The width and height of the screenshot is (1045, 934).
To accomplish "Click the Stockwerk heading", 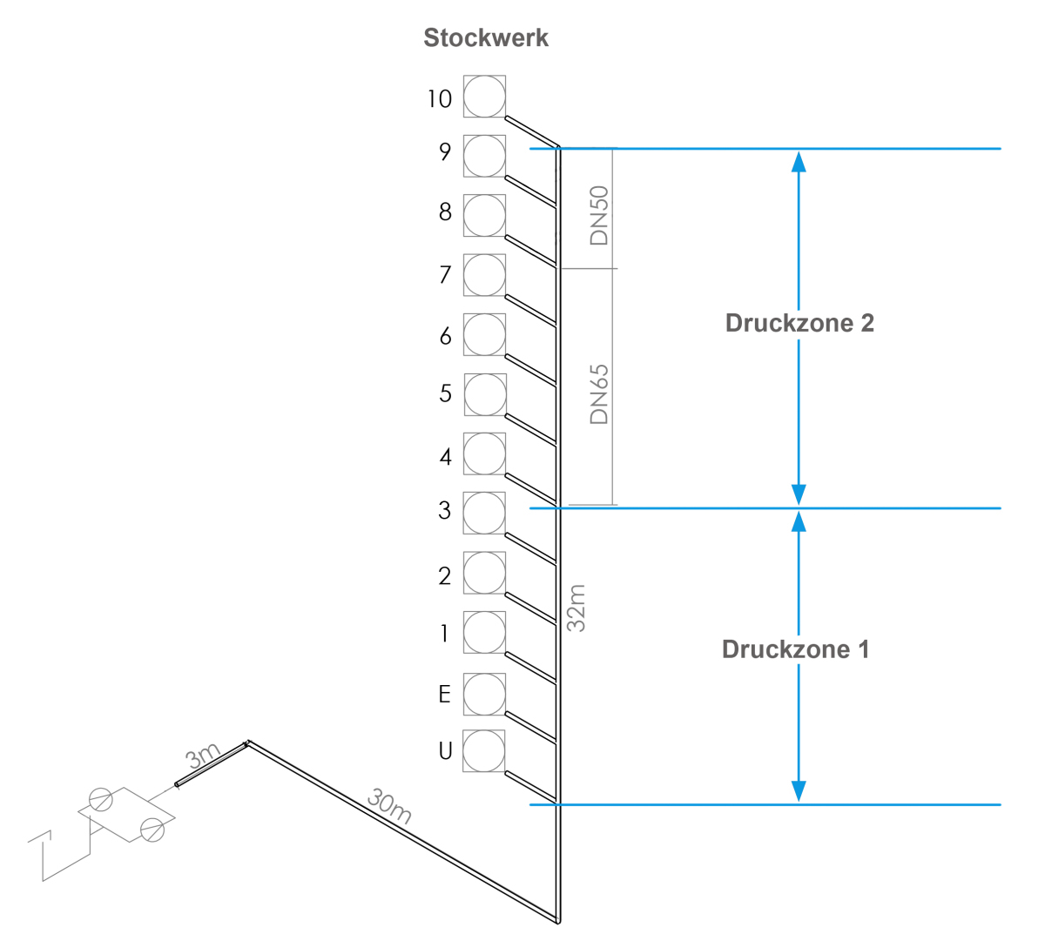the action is pos(485,37).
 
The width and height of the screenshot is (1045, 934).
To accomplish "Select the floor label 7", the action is pos(445,274).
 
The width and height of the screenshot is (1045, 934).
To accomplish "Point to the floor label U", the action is pos(445,750).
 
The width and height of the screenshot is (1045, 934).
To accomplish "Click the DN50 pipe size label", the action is pos(599,215).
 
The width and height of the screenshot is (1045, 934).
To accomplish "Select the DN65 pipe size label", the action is pos(599,394).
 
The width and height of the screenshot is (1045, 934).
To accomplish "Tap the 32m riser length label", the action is pos(576,608).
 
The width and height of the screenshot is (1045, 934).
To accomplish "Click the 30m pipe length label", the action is pos(389,806).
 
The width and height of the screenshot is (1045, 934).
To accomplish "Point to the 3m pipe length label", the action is pos(203,756).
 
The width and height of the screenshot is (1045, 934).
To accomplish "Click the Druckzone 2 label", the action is pos(799,323).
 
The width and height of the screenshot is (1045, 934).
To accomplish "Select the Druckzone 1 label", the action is pos(796,648).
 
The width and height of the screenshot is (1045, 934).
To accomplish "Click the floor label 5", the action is pos(445,393).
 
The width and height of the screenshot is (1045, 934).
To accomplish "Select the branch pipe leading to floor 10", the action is pos(532,132).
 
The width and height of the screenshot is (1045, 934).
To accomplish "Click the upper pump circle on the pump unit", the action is pos(100,799).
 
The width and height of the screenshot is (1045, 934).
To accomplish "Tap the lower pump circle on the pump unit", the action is pos(152,830).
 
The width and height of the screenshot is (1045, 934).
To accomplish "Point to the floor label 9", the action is pos(445,151).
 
